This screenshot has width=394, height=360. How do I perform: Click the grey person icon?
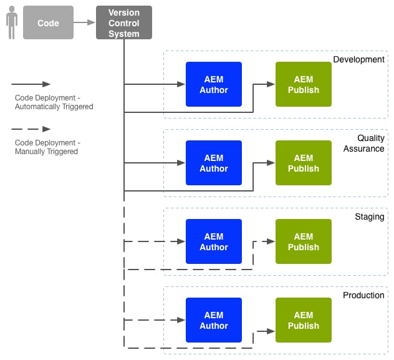(x=11, y=22)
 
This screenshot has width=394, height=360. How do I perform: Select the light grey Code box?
(x=48, y=23)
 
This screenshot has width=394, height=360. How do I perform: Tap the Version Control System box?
(x=124, y=23)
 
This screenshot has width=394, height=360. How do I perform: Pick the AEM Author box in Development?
(x=214, y=84)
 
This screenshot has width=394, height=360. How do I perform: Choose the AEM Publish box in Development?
(x=304, y=84)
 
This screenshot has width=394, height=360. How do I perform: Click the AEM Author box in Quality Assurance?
(x=214, y=163)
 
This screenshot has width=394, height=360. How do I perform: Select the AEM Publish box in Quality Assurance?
(x=304, y=163)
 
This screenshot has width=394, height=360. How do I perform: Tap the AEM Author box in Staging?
(x=214, y=241)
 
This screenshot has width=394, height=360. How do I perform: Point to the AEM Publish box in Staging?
(x=304, y=241)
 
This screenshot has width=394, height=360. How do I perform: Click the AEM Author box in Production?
(x=214, y=320)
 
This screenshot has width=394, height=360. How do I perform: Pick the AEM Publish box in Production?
(x=304, y=320)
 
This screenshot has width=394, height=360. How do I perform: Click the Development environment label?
(x=358, y=59)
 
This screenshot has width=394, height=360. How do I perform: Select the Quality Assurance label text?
(x=364, y=144)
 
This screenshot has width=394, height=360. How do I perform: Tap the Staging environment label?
(x=370, y=216)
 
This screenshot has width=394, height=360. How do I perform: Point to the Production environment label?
(x=363, y=295)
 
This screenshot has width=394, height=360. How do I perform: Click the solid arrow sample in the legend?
(x=31, y=84)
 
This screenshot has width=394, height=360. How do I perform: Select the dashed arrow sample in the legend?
(x=31, y=129)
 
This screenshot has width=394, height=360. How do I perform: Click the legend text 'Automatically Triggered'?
(x=54, y=107)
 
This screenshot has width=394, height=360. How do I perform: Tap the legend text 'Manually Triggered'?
(x=46, y=152)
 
